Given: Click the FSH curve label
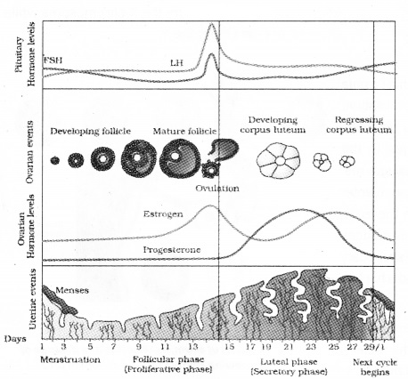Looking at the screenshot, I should click(53, 61).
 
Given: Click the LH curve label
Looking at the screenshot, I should click(176, 62).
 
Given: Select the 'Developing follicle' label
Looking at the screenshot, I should click(88, 131).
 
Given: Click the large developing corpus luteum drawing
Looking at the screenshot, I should click(274, 161).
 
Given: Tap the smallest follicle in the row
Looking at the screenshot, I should click(54, 161).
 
